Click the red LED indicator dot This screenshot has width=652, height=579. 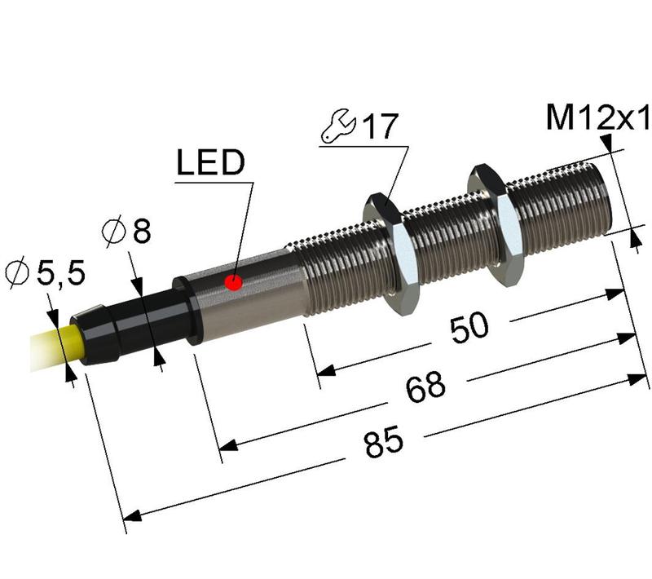[x=234, y=283]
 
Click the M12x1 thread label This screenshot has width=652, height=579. [x=597, y=119]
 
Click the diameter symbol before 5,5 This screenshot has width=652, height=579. [x=16, y=273]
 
